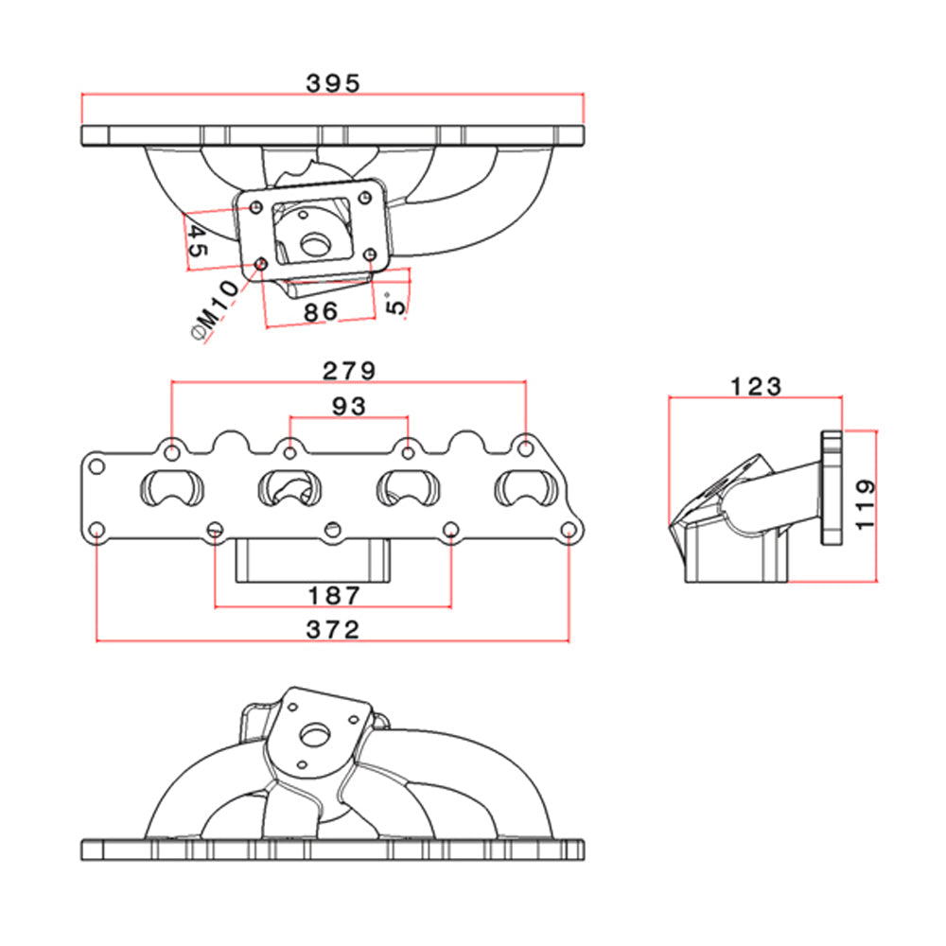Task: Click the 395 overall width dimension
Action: [333, 83]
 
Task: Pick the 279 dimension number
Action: [349, 370]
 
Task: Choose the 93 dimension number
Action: [349, 405]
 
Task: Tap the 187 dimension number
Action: [334, 595]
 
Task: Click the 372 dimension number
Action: [334, 629]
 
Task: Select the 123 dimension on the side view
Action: [756, 386]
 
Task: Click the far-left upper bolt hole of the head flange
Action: [96, 466]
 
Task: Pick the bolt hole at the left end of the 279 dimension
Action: [171, 446]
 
